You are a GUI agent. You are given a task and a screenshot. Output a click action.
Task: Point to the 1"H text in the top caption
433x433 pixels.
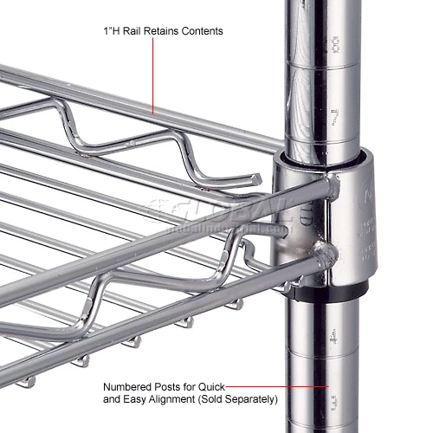[x=110, y=31]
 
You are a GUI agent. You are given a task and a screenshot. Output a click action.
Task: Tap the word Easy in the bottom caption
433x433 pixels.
[x=148, y=400]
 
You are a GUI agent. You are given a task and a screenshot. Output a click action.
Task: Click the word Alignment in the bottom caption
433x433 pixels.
[x=190, y=400]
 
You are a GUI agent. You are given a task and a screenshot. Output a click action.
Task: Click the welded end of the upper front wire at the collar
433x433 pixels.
[x=333, y=184]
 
